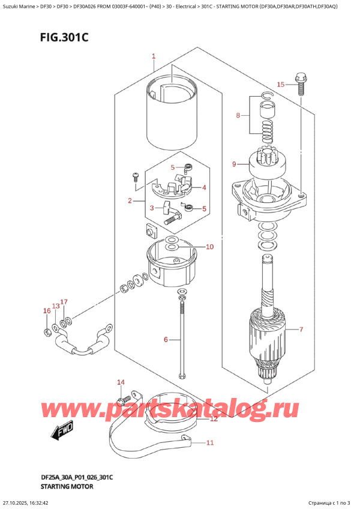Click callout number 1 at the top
[154, 57]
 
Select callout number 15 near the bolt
[279, 84]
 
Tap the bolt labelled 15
[300, 83]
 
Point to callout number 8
[238, 115]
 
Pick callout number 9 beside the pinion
[234, 164]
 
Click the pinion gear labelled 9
[267, 161]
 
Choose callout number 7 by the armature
[301, 330]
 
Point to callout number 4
[204, 187]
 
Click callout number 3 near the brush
[152, 208]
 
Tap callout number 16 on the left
[46, 311]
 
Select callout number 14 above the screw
[120, 382]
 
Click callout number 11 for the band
[209, 444]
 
